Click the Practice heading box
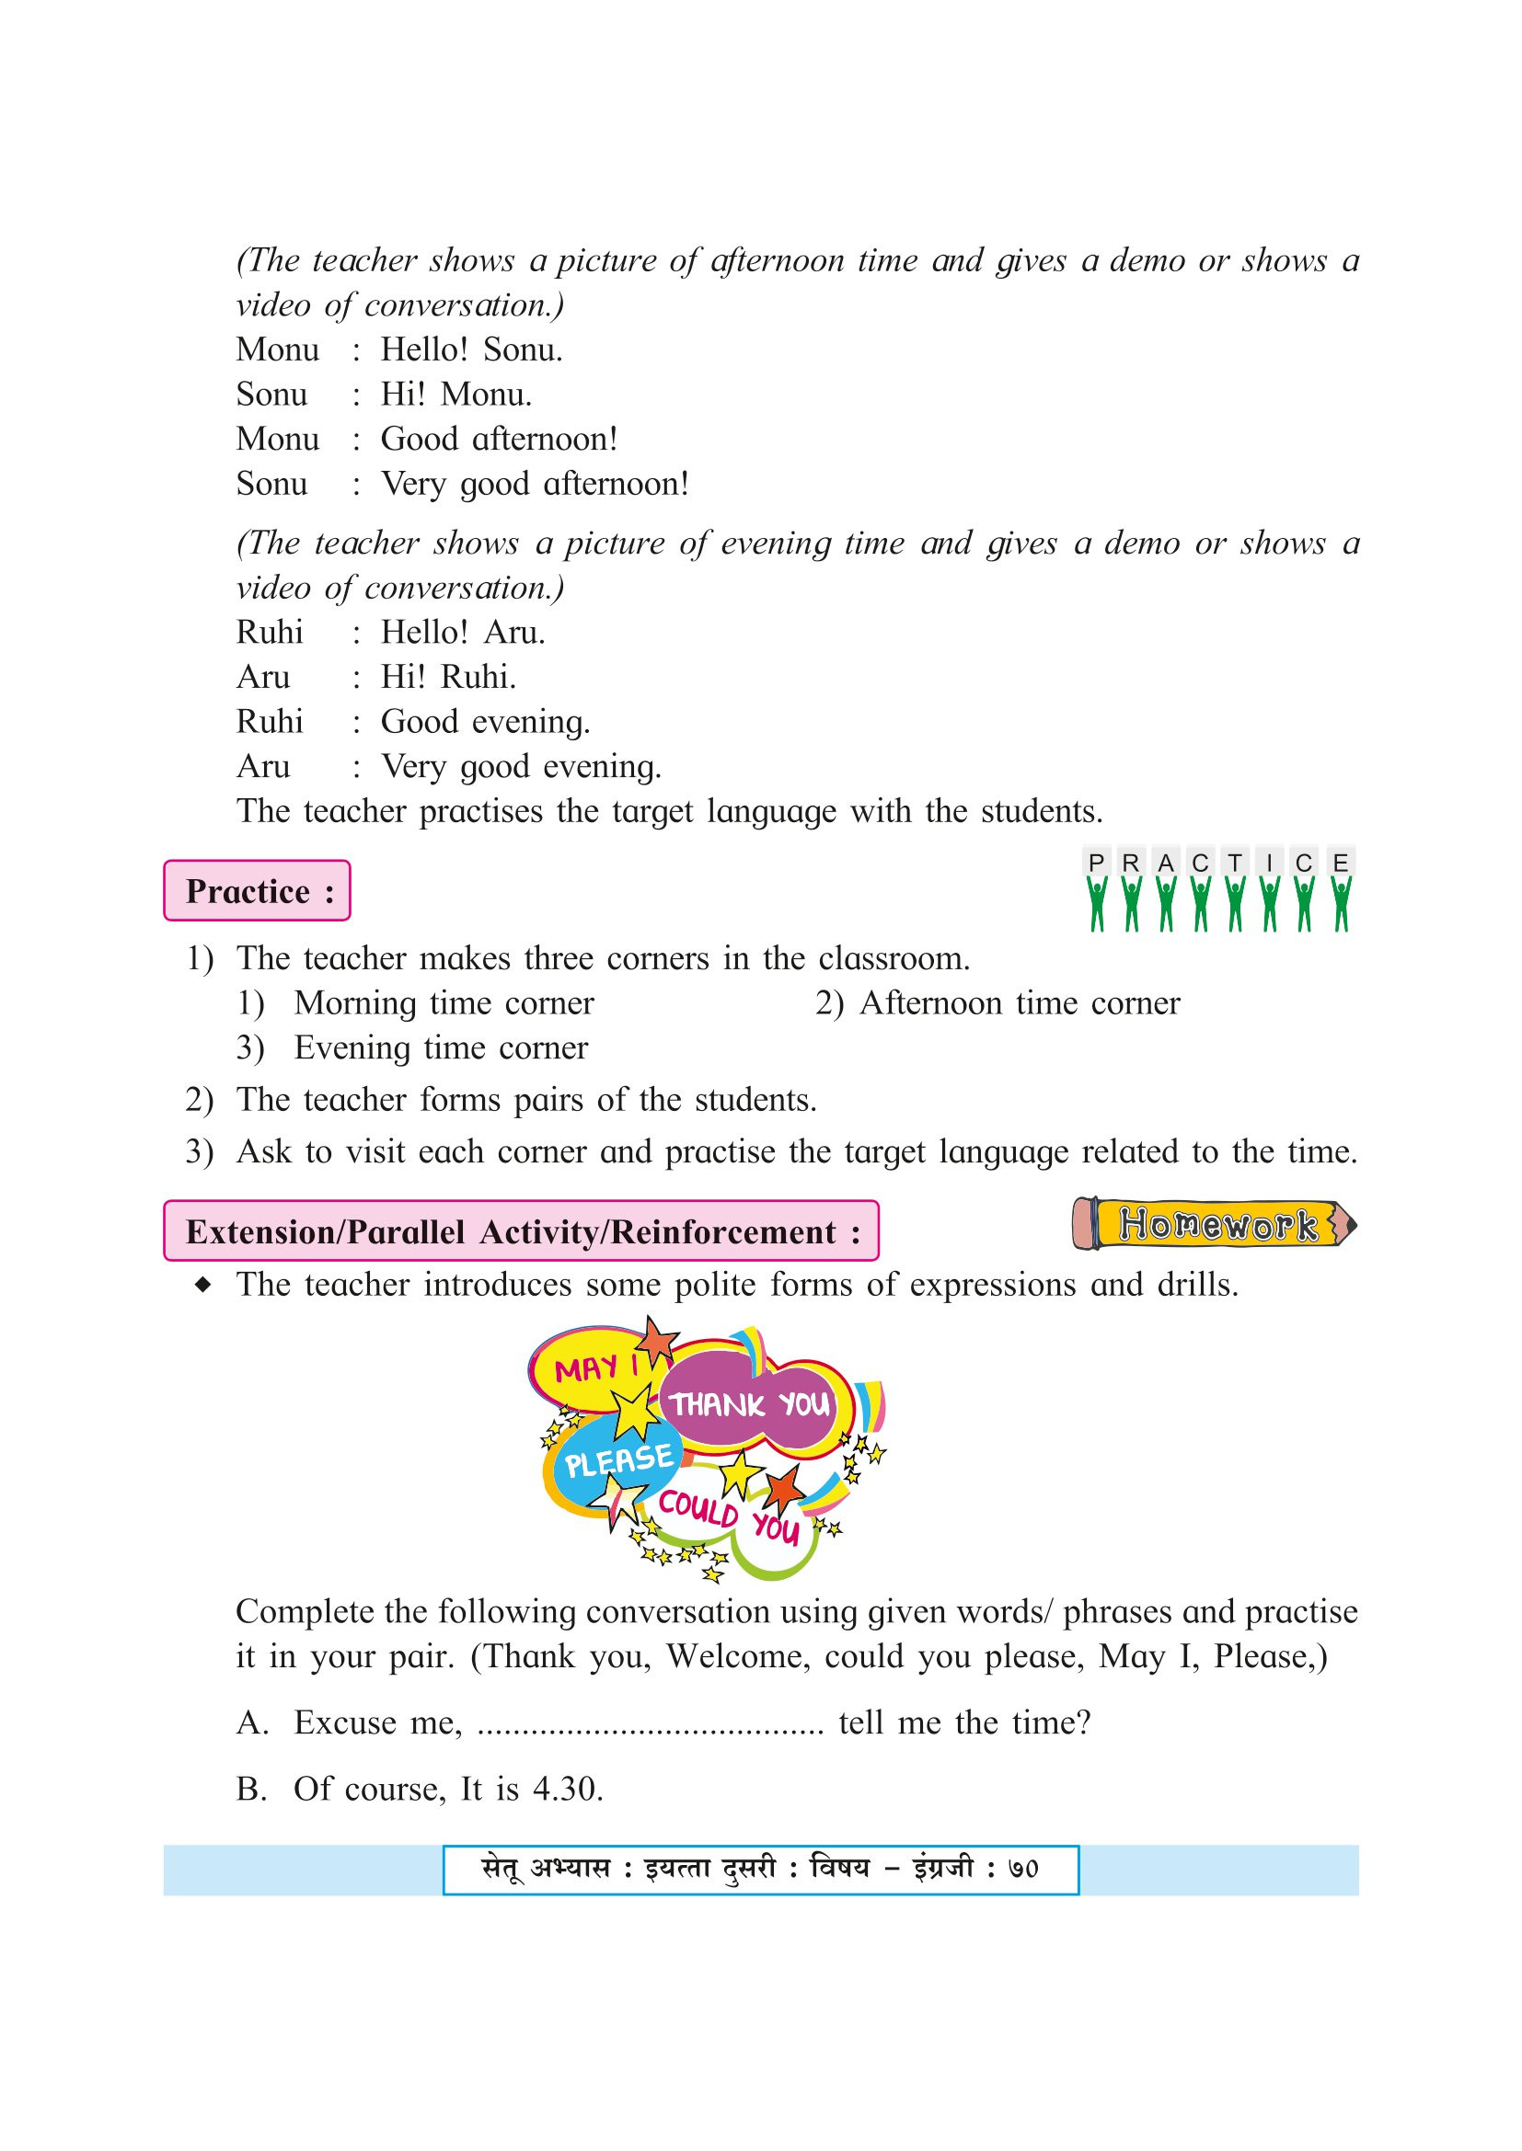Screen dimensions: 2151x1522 coord(257,891)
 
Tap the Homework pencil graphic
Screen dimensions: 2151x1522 coord(1215,1224)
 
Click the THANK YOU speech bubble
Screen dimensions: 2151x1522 coord(751,1404)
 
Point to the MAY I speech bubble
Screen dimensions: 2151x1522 coord(594,1368)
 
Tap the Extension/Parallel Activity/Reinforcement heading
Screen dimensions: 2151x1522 coord(521,1231)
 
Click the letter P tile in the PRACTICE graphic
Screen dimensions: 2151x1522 coord(1096,862)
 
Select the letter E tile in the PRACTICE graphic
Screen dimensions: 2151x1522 coord(1340,862)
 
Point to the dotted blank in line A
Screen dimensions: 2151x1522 coord(650,1722)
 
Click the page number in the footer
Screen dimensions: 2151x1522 coord(1022,1869)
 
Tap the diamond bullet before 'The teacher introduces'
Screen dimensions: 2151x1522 coord(202,1285)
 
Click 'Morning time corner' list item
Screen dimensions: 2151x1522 coord(444,1003)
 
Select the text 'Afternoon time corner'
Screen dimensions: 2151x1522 coord(1020,1003)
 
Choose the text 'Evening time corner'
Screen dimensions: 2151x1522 coord(441,1047)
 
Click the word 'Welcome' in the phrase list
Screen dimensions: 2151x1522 coord(738,1655)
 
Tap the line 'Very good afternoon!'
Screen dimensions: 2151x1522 coord(535,484)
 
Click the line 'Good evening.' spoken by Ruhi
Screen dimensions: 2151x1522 coord(485,721)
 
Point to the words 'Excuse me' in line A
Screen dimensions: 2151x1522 coord(376,1722)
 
